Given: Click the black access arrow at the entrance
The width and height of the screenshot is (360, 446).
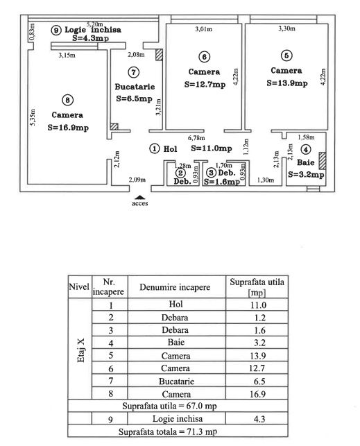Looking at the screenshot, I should pyautogui.click(x=141, y=197).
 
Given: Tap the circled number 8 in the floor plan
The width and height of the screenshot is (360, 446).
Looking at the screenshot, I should pyautogui.click(x=66, y=100).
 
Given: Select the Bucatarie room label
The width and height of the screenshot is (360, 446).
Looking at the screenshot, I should pyautogui.click(x=134, y=87).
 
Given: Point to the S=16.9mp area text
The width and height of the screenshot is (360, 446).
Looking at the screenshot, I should pyautogui.click(x=68, y=128).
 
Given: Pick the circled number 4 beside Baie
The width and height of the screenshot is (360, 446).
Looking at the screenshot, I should pyautogui.click(x=306, y=149).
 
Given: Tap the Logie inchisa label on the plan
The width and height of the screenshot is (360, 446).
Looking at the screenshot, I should pyautogui.click(x=93, y=31).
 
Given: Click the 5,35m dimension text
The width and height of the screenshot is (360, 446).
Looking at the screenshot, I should pyautogui.click(x=33, y=114).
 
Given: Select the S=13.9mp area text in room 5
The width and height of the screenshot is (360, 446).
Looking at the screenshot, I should pyautogui.click(x=288, y=83).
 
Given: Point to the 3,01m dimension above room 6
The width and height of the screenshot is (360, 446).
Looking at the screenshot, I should pyautogui.click(x=203, y=29).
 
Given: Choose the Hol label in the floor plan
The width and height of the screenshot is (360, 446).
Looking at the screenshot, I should pyautogui.click(x=170, y=148).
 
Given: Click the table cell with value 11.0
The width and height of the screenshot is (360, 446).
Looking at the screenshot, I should pyautogui.click(x=257, y=305).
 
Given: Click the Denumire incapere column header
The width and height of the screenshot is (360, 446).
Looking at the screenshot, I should pyautogui.click(x=175, y=286).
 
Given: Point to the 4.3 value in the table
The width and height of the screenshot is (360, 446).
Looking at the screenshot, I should pyautogui.click(x=257, y=419).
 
